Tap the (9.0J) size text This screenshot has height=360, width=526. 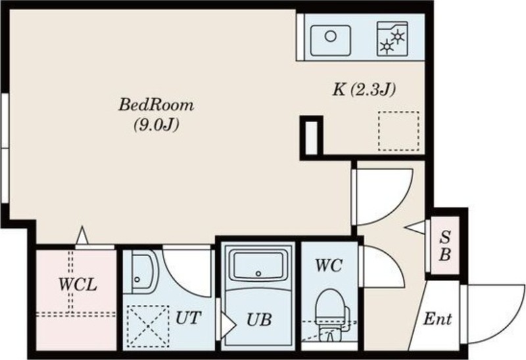coord(157,125)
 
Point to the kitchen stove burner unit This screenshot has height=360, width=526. coord(393,38)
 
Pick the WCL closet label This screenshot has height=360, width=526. coord(78,285)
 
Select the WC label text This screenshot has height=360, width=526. coord(327,267)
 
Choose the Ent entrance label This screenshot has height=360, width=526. coord(437,321)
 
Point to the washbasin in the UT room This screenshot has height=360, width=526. coord(139,271)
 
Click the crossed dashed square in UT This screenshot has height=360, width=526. coord(145,325)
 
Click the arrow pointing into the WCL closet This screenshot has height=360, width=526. coord(82,235)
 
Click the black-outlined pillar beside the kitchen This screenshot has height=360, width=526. coord(311,135)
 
